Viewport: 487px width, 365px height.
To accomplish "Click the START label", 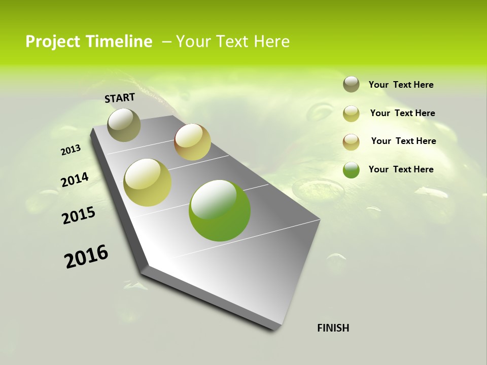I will tap(120, 98).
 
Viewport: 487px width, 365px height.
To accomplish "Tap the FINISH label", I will tap(333, 328).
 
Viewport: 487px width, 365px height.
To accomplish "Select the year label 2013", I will tap(71, 150).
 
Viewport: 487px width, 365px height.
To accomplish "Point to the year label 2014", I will tap(75, 179).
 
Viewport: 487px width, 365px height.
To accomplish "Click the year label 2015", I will tap(78, 215).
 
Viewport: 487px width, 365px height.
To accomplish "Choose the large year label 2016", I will tap(86, 257).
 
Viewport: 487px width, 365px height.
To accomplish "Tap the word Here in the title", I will tap(271, 42).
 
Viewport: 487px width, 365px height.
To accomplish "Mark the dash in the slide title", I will tap(166, 42).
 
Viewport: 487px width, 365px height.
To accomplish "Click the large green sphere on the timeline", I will tap(220, 210).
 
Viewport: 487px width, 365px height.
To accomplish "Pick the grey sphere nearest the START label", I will tap(124, 125).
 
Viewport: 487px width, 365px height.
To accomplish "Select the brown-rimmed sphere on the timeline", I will tap(192, 142).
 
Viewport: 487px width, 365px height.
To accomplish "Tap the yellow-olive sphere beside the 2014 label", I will tap(147, 182).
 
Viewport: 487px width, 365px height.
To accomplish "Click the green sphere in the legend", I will tap(351, 170).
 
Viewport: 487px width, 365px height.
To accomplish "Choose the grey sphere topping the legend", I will tap(351, 84).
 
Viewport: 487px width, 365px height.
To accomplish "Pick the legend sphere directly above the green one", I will tap(351, 142).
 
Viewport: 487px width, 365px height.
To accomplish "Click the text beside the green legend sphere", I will tap(401, 169).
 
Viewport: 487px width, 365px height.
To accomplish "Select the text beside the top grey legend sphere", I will tap(401, 85).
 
